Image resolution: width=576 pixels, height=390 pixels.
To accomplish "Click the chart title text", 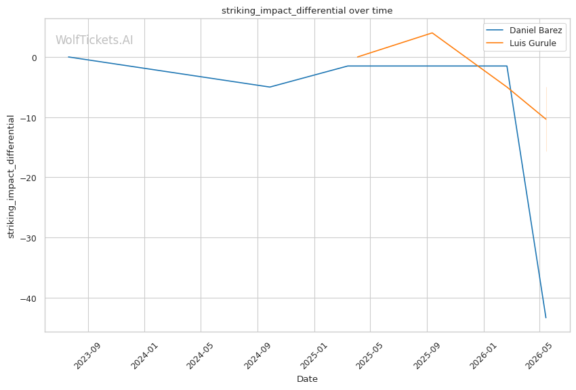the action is pyautogui.click(x=307, y=11).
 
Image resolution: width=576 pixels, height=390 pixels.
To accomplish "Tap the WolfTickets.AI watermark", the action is pyautogui.click(x=94, y=40).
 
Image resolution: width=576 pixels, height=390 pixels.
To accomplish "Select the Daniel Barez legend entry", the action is pyautogui.click(x=524, y=30).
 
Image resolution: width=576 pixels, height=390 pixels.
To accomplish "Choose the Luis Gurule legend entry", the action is pyautogui.click(x=521, y=43).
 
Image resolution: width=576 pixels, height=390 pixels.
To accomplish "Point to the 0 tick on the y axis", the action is pyautogui.click(x=35, y=58).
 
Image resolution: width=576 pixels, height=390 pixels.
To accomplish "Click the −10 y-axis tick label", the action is pyautogui.click(x=28, y=118).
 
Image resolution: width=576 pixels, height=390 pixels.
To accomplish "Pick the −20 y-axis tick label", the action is pyautogui.click(x=28, y=178).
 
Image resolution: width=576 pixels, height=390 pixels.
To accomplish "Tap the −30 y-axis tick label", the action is pyautogui.click(x=28, y=238).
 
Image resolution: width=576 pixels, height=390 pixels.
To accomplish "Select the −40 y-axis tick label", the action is pyautogui.click(x=28, y=298).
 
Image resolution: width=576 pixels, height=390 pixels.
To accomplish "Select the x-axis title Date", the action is pyautogui.click(x=307, y=379).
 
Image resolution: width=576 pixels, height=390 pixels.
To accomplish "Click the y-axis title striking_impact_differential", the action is pyautogui.click(x=11, y=176).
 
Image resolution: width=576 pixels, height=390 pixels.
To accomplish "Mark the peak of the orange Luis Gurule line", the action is pyautogui.click(x=432, y=33).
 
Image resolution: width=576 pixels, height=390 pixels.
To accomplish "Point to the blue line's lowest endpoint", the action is pyautogui.click(x=546, y=317).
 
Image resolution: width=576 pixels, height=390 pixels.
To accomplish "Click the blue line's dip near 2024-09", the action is pyautogui.click(x=270, y=87).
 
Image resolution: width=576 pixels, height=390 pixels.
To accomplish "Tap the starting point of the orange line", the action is pyautogui.click(x=357, y=57).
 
